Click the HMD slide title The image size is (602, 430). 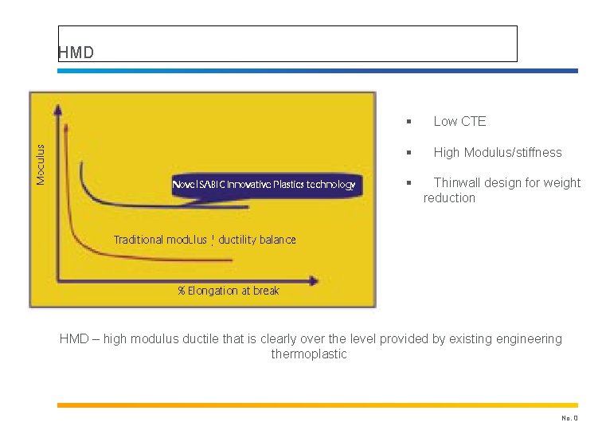(x=76, y=53)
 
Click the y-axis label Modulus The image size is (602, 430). (x=41, y=164)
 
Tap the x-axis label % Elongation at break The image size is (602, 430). (x=229, y=291)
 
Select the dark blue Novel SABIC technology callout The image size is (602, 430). (x=264, y=185)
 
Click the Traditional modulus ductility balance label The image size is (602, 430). (x=205, y=240)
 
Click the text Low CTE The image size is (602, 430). (x=459, y=122)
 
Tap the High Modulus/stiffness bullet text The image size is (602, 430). (x=497, y=153)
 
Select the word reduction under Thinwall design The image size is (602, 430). (x=449, y=198)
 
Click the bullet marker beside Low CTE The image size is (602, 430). (x=407, y=122)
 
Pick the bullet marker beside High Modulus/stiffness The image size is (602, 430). (x=407, y=153)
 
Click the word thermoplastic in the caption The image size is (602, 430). (x=309, y=354)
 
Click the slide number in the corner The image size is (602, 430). (x=569, y=417)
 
